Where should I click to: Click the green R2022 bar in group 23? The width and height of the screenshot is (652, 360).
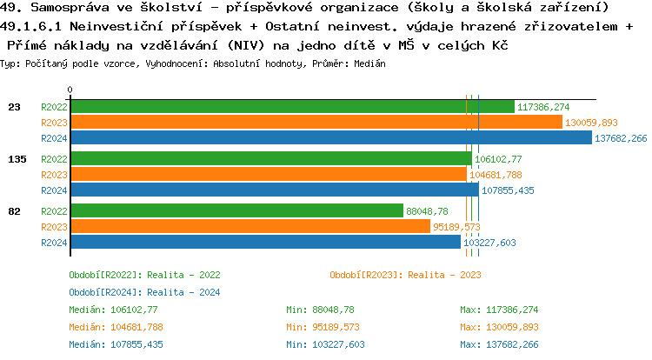click(292, 107)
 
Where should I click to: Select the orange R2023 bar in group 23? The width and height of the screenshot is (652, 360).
click(316, 123)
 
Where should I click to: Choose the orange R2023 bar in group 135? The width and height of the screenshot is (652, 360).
click(268, 175)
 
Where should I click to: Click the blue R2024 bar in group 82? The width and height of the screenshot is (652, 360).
click(265, 243)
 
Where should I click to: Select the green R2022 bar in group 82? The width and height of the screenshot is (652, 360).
click(236, 211)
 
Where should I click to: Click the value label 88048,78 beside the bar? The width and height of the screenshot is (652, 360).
click(427, 211)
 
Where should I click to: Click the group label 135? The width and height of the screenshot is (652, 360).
click(17, 159)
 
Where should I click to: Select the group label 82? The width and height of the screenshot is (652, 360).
click(14, 211)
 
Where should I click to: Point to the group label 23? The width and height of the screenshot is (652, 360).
click(14, 107)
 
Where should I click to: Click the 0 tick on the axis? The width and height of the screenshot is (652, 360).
click(70, 90)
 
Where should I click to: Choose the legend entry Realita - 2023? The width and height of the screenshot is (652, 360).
click(405, 275)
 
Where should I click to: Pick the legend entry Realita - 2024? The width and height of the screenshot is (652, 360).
click(144, 292)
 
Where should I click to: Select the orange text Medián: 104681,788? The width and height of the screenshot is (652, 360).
click(114, 327)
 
